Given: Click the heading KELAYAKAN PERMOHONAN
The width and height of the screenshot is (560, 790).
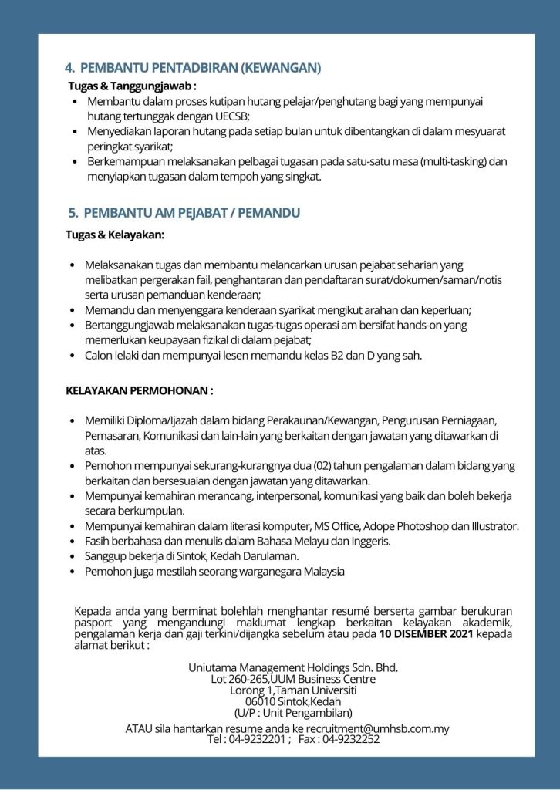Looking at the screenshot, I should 140,391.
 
